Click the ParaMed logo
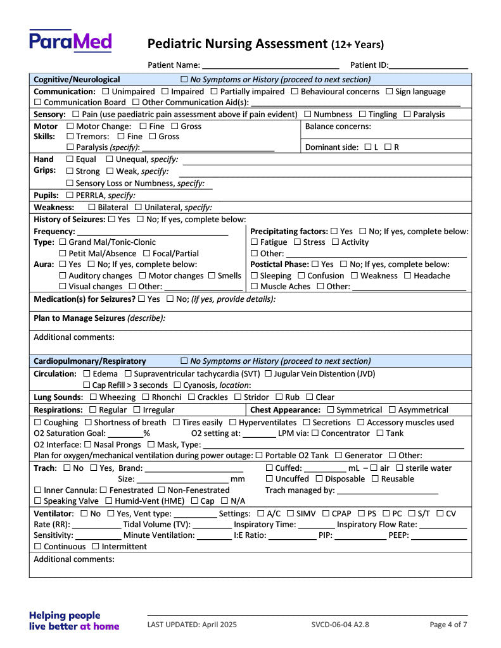click(x=70, y=42)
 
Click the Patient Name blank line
click(x=270, y=65)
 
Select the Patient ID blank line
click(x=429, y=65)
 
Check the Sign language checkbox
click(x=390, y=92)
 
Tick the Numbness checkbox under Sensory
click(x=308, y=115)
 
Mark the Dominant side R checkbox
click(x=388, y=147)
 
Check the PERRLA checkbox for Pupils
click(x=70, y=196)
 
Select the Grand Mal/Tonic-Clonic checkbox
click(x=63, y=242)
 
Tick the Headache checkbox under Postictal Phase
click(x=408, y=276)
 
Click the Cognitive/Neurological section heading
click(x=77, y=80)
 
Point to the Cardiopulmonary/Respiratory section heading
click(x=89, y=361)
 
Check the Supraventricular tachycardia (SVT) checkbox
click(x=129, y=374)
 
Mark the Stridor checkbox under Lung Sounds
click(x=238, y=397)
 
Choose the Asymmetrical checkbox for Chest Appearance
click(x=392, y=410)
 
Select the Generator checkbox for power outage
click(x=339, y=456)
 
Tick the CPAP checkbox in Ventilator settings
click(x=326, y=514)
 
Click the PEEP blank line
click(x=439, y=536)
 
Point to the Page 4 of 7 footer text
click(x=448, y=625)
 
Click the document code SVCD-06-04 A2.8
click(x=340, y=625)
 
